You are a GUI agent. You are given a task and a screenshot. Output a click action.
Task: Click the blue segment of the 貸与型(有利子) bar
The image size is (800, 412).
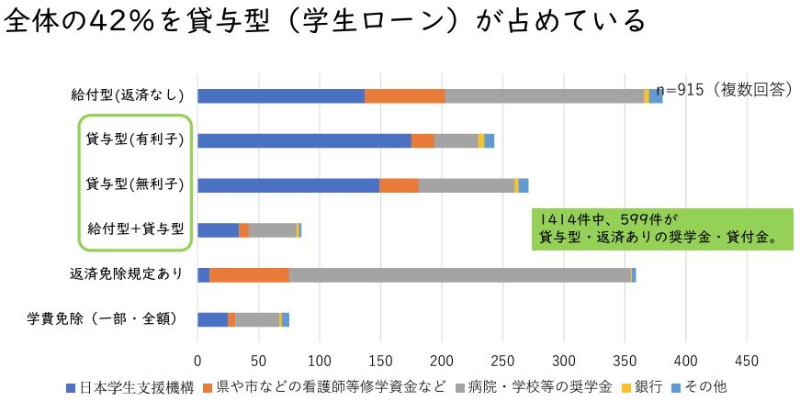pos(303,140)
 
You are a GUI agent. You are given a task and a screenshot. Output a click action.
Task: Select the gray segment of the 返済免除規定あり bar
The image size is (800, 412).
pos(459,274)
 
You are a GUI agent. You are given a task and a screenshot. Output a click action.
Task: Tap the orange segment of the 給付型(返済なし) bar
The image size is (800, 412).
pos(404,95)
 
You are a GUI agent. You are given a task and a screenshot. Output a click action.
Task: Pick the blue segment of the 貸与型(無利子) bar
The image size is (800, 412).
pos(287,185)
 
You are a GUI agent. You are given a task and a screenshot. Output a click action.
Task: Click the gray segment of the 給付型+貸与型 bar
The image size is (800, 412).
pos(272,229)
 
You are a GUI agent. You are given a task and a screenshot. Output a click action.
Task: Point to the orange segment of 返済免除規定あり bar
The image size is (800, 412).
pos(249,274)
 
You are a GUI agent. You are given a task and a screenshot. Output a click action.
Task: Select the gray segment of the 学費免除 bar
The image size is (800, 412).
pos(256,319)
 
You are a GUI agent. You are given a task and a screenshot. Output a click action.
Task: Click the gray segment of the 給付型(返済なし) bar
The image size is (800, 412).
pos(544,95)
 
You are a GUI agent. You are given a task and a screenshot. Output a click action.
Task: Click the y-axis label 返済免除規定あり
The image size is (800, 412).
pos(126,274)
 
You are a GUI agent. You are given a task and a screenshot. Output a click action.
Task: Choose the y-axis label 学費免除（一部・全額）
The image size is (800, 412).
pos(114,319)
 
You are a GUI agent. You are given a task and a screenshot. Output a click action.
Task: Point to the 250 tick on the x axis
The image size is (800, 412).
pos(502,359)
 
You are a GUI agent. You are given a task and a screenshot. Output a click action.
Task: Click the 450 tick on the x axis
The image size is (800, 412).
pos(747,359)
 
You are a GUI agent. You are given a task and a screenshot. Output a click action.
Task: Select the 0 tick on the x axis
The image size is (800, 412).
pos(197,359)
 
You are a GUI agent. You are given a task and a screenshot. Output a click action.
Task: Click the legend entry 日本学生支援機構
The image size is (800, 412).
pos(135,387)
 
